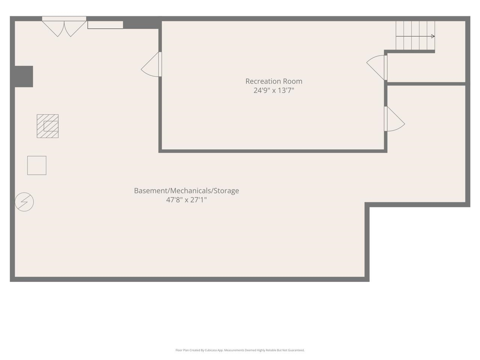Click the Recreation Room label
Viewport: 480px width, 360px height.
(x=274, y=81)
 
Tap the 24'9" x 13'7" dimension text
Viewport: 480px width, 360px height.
(x=274, y=90)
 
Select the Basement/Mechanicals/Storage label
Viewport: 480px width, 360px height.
(x=186, y=190)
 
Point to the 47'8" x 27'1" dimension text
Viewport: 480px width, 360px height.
(x=186, y=200)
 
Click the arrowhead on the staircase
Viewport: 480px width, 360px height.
(x=433, y=36)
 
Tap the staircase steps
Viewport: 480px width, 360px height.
(x=415, y=35)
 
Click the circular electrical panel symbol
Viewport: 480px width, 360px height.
(x=24, y=202)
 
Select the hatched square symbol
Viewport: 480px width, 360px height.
(x=48, y=126)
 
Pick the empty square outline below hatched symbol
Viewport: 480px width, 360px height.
(x=37, y=165)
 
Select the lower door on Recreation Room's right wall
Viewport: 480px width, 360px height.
(x=394, y=119)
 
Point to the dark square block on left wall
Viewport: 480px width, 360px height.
(x=24, y=76)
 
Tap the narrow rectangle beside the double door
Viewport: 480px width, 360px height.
(x=105, y=25)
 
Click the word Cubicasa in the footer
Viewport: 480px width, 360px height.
(x=216, y=350)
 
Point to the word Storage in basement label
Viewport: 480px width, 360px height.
(x=226, y=190)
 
